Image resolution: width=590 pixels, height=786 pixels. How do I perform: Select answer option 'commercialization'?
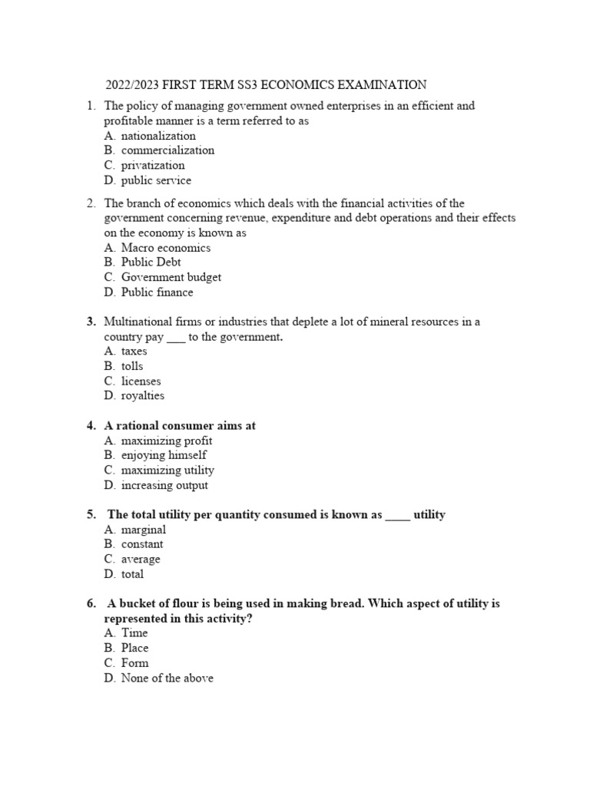[167, 150]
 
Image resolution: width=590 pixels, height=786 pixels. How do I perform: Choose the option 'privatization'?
[153, 165]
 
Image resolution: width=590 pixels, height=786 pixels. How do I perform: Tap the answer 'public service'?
[156, 180]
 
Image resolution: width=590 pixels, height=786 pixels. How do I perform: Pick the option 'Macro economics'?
[165, 248]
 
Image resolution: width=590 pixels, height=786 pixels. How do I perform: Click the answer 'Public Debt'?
[151, 263]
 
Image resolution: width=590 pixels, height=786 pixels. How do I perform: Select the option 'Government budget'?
[171, 277]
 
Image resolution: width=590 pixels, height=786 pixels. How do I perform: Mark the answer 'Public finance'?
[157, 292]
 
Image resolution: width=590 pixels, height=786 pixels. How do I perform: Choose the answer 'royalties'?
[142, 396]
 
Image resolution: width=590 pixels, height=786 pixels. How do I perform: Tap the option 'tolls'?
[132, 366]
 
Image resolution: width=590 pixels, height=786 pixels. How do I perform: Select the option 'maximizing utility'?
[167, 470]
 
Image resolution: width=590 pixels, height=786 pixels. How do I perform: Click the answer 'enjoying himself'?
[164, 455]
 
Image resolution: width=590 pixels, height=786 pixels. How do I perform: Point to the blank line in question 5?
[397, 515]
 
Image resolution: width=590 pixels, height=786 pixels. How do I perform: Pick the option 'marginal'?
[143, 530]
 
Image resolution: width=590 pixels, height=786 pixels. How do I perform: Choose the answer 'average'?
[141, 560]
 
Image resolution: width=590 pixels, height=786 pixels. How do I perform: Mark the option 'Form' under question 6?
[134, 663]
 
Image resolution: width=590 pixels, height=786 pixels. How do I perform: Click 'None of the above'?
[167, 679]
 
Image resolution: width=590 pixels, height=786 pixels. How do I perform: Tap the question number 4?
[91, 426]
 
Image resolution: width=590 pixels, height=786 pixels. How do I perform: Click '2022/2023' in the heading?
[131, 84]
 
